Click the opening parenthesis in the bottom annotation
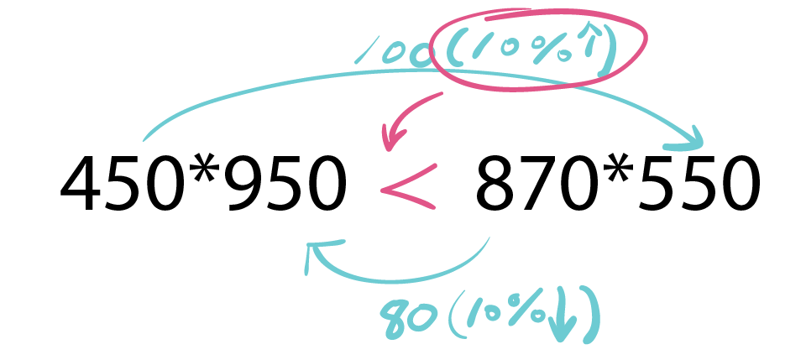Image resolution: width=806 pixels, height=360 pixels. pos(455,315)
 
